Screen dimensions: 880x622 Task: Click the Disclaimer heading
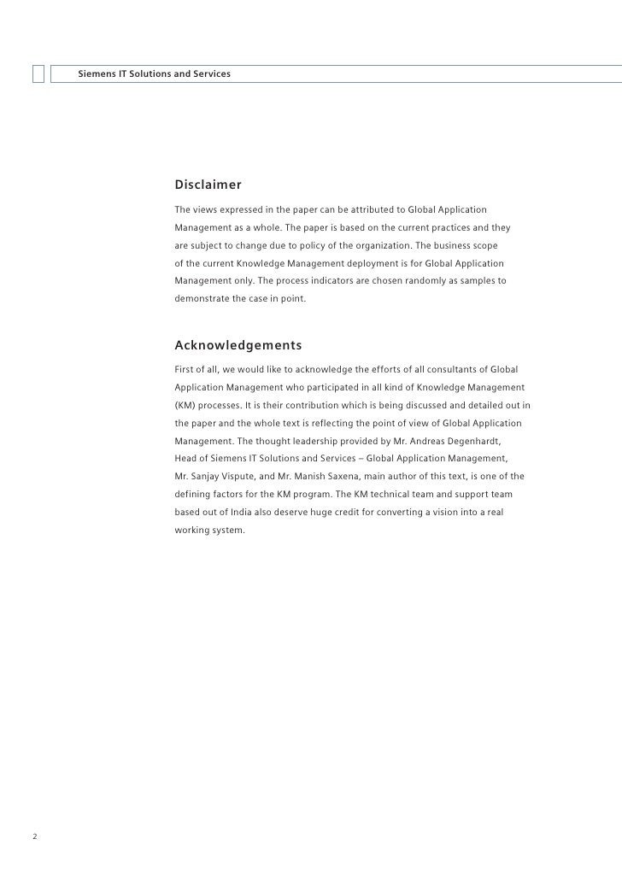click(x=208, y=185)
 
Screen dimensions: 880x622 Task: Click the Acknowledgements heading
click(x=238, y=346)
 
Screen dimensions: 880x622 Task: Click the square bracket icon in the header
click(x=38, y=74)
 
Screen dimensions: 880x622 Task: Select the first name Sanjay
click(x=204, y=476)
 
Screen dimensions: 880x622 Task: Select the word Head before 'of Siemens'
click(x=186, y=459)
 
